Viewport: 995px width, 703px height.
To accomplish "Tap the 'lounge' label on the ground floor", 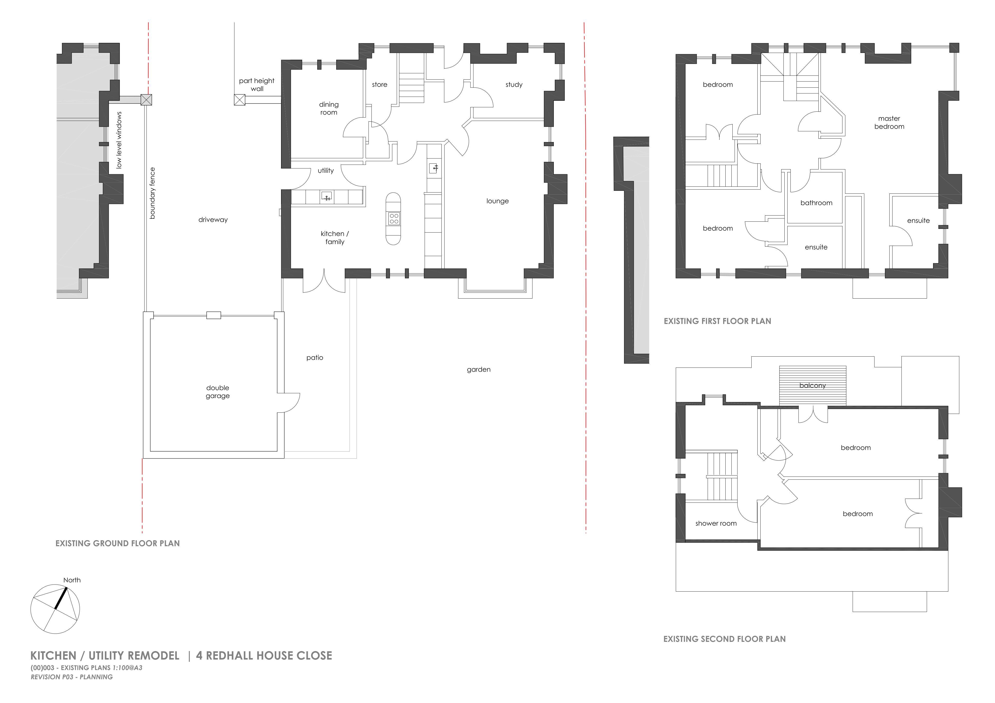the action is click(x=497, y=201).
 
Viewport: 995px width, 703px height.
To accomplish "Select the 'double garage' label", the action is click(x=218, y=392).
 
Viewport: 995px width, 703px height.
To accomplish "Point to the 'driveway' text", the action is click(x=213, y=220).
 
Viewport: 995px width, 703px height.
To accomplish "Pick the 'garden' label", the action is click(x=479, y=369).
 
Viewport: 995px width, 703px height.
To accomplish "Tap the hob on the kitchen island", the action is click(x=394, y=218).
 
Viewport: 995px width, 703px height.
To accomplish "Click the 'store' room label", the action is click(x=380, y=84).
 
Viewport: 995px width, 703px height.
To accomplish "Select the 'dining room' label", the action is click(x=329, y=108).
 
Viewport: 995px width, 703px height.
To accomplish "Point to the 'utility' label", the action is click(x=326, y=171).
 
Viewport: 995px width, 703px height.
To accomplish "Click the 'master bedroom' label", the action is click(x=889, y=123).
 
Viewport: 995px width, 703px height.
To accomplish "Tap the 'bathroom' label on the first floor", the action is click(x=816, y=203).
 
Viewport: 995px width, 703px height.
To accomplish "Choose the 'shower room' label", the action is click(x=716, y=523).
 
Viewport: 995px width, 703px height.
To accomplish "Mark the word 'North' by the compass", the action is click(x=72, y=580).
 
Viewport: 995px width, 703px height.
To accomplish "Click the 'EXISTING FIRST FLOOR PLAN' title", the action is click(x=718, y=321).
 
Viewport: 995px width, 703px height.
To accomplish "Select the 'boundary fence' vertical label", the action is click(x=152, y=193).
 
